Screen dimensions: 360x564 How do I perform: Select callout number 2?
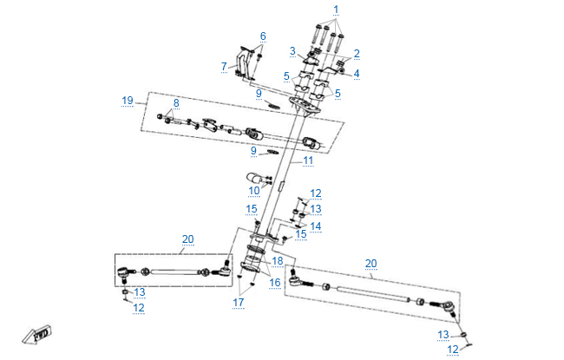click(x=356, y=53)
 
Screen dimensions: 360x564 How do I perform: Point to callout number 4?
click(x=356, y=73)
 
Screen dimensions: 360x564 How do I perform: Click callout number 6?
click(x=263, y=36)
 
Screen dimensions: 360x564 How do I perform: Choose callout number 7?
click(x=223, y=65)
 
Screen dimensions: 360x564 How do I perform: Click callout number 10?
click(x=254, y=190)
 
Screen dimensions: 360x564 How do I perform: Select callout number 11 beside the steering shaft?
click(x=308, y=160)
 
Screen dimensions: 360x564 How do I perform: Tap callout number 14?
click(x=316, y=226)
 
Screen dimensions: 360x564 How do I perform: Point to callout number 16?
click(x=274, y=283)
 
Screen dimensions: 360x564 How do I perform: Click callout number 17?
click(x=238, y=303)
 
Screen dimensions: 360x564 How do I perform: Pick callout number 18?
click(x=278, y=260)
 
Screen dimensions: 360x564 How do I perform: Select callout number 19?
click(x=128, y=101)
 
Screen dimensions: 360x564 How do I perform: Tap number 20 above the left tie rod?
click(x=187, y=239)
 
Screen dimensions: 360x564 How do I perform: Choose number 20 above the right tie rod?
click(x=371, y=263)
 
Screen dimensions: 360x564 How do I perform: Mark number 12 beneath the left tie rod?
click(x=139, y=308)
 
